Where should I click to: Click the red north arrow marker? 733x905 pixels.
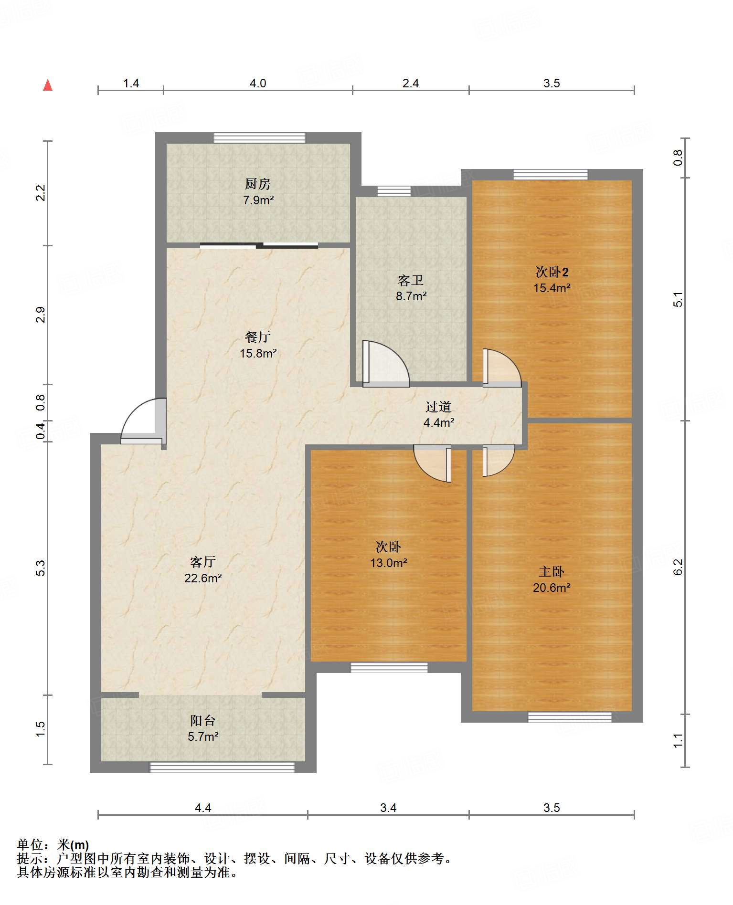pyautogui.click(x=48, y=85)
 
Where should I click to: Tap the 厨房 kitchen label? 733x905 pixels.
pyautogui.click(x=258, y=184)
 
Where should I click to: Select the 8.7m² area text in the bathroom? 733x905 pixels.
pyautogui.click(x=411, y=296)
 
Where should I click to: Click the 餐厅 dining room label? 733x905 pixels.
pyautogui.click(x=258, y=337)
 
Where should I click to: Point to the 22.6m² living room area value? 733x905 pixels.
pyautogui.click(x=203, y=578)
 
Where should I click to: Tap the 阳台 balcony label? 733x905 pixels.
pyautogui.click(x=203, y=720)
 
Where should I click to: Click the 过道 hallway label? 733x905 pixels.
pyautogui.click(x=438, y=407)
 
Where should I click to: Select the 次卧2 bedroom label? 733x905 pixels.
pyautogui.click(x=552, y=272)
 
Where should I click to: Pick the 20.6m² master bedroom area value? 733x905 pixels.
pyautogui.click(x=552, y=588)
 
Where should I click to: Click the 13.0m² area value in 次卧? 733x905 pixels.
pyautogui.click(x=389, y=563)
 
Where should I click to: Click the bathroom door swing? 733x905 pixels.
pyautogui.click(x=386, y=363)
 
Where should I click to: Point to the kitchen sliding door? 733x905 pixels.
pyautogui.click(x=259, y=246)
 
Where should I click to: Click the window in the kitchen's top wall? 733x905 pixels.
pyautogui.click(x=259, y=138)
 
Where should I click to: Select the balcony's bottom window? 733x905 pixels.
pyautogui.click(x=222, y=767)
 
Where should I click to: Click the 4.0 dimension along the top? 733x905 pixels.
pyautogui.click(x=258, y=84)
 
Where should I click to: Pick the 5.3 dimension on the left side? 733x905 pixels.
pyautogui.click(x=41, y=568)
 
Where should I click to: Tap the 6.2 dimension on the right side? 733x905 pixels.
pyautogui.click(x=678, y=567)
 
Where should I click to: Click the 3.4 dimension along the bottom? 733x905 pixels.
pyautogui.click(x=388, y=808)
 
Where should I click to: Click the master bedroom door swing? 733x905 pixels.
pyautogui.click(x=499, y=461)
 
